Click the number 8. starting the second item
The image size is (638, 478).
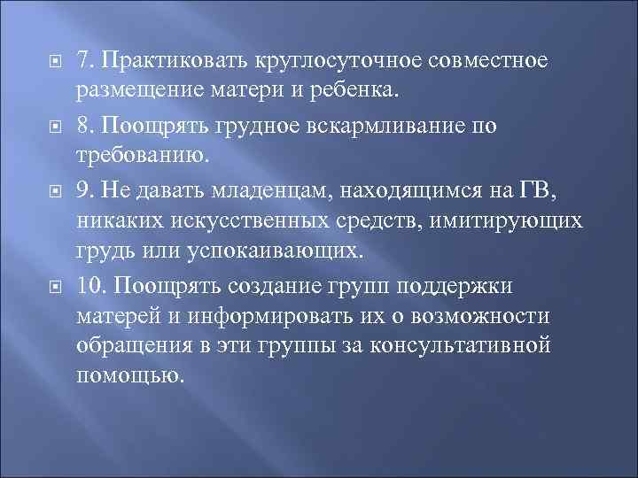(85, 125)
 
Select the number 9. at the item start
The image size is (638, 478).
(85, 188)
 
